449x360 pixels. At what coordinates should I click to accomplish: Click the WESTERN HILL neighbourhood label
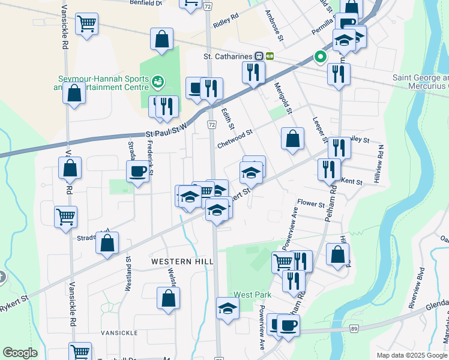coord(174,262)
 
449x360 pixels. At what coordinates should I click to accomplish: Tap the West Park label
coord(253,295)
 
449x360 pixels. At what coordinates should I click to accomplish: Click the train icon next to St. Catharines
coord(259,56)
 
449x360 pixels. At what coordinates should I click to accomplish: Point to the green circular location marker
coord(320,58)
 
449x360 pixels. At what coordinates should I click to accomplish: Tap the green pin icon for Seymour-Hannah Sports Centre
coord(158,80)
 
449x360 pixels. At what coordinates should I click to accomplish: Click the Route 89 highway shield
coord(354,329)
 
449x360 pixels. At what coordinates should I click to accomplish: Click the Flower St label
coord(311,204)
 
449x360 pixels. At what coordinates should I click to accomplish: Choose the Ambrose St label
coord(273,25)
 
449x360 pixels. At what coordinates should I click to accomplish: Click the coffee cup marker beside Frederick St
coord(137,172)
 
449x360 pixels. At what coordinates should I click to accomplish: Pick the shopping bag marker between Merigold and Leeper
coord(292,139)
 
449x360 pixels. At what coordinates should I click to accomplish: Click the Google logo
coord(20,353)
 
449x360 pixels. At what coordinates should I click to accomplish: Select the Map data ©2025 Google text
coord(411,355)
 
